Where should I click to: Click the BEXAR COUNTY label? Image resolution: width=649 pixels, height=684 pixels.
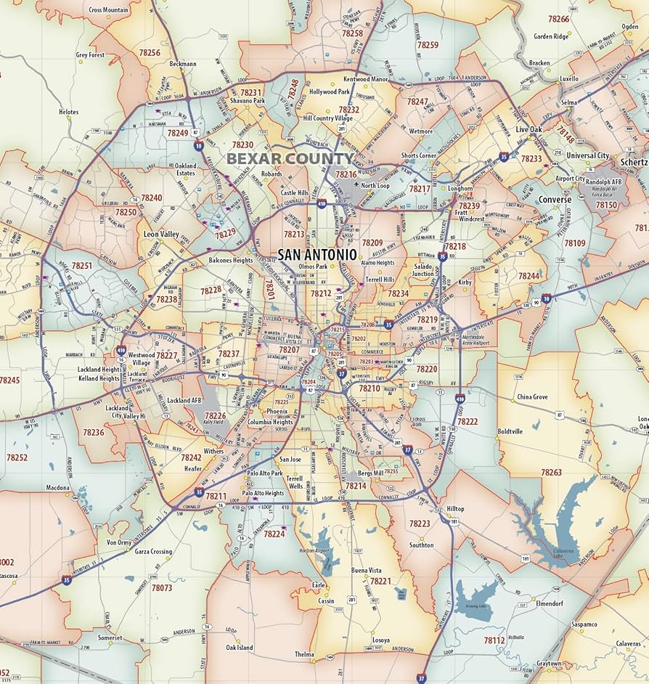click(289, 158)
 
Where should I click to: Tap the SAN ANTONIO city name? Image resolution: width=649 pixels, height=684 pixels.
click(317, 255)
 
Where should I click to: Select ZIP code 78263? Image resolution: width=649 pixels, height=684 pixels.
click(551, 472)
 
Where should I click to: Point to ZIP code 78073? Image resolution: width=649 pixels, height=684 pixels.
click(162, 587)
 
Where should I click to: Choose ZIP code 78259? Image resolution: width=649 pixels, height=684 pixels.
click(428, 45)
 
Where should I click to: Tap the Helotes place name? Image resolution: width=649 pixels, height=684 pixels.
click(69, 112)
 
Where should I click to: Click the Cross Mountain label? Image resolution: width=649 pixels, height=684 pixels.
click(109, 10)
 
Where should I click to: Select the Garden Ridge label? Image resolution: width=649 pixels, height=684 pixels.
click(551, 36)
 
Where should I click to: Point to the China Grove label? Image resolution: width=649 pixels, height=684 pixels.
click(532, 397)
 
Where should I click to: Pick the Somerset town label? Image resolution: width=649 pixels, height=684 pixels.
click(110, 638)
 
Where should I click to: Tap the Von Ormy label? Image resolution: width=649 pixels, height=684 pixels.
click(119, 542)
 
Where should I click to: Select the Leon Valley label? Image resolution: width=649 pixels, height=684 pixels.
click(160, 235)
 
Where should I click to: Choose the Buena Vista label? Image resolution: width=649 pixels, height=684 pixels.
click(366, 571)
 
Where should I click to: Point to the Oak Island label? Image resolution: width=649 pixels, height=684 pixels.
click(240, 647)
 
